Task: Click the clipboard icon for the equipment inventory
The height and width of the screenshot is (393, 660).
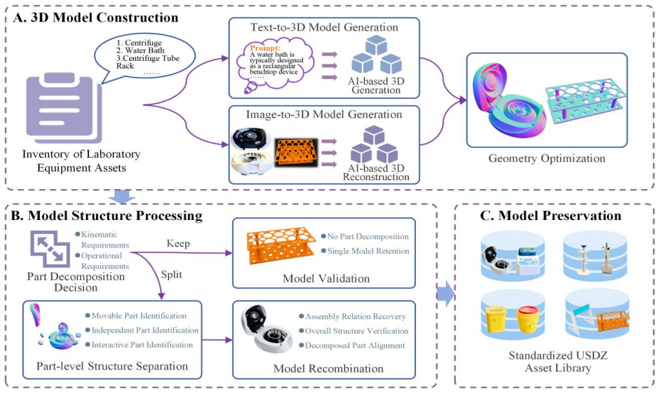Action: pos(64,108)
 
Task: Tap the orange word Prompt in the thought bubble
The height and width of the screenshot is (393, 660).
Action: pos(265,48)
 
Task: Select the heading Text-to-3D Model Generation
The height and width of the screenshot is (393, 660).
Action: pos(324,27)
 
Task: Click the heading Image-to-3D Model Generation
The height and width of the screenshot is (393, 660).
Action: pos(324,114)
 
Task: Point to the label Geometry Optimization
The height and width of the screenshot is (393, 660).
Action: pos(547,158)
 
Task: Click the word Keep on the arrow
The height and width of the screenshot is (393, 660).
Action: pos(178,244)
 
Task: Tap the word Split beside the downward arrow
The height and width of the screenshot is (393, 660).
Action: pos(172,275)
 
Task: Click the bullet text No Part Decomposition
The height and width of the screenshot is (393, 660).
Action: pos(368,237)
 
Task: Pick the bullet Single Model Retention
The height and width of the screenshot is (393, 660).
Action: pos(368,251)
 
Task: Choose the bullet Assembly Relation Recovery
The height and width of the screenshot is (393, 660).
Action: pos(356,317)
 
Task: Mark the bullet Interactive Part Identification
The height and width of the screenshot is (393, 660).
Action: pos(142,345)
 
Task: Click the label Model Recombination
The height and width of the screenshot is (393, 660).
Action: pos(328,368)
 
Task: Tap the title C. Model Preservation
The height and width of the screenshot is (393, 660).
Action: pos(551,216)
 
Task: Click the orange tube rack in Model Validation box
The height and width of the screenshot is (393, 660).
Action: pos(281,245)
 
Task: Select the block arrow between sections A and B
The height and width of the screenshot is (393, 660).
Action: pos(122,196)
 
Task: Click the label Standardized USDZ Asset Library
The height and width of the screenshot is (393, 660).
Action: pos(558,361)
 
